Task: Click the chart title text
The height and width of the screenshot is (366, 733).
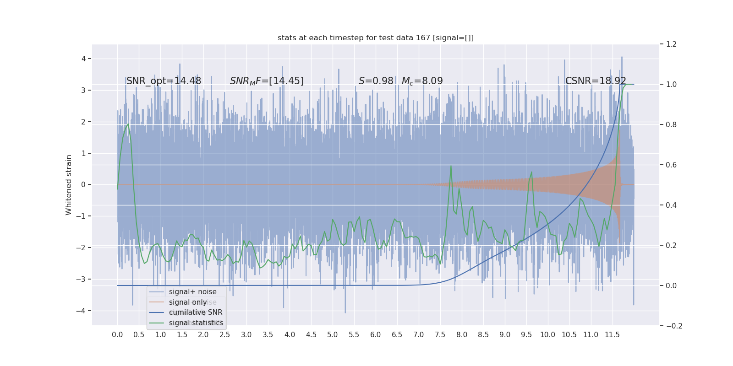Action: click(x=376, y=38)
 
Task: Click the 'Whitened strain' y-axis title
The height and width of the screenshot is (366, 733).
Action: click(x=69, y=185)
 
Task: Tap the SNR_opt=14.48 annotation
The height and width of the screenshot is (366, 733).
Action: click(x=164, y=81)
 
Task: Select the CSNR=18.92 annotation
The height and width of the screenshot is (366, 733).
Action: click(x=596, y=81)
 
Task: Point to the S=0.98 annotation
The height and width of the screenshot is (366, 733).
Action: click(x=376, y=81)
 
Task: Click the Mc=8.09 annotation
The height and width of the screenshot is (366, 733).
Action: click(x=422, y=81)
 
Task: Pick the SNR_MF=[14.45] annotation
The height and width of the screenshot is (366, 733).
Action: click(x=267, y=81)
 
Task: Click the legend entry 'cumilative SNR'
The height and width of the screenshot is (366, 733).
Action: click(x=196, y=312)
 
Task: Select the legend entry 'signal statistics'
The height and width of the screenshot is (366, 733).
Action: click(x=196, y=323)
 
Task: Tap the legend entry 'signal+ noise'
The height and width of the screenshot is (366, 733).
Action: click(x=192, y=292)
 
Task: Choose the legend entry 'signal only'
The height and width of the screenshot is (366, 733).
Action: click(x=188, y=302)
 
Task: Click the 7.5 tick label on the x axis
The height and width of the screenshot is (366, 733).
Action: click(x=440, y=335)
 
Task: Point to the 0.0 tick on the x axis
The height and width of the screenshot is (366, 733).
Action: click(x=117, y=335)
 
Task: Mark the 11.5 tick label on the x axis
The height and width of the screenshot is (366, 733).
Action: click(x=612, y=335)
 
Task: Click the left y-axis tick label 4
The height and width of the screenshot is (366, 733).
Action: click(x=84, y=59)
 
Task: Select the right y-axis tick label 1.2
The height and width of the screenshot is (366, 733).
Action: click(x=671, y=44)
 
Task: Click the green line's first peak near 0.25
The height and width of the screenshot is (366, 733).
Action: click(x=128, y=124)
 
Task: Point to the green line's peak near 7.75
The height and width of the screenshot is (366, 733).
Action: click(x=451, y=166)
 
